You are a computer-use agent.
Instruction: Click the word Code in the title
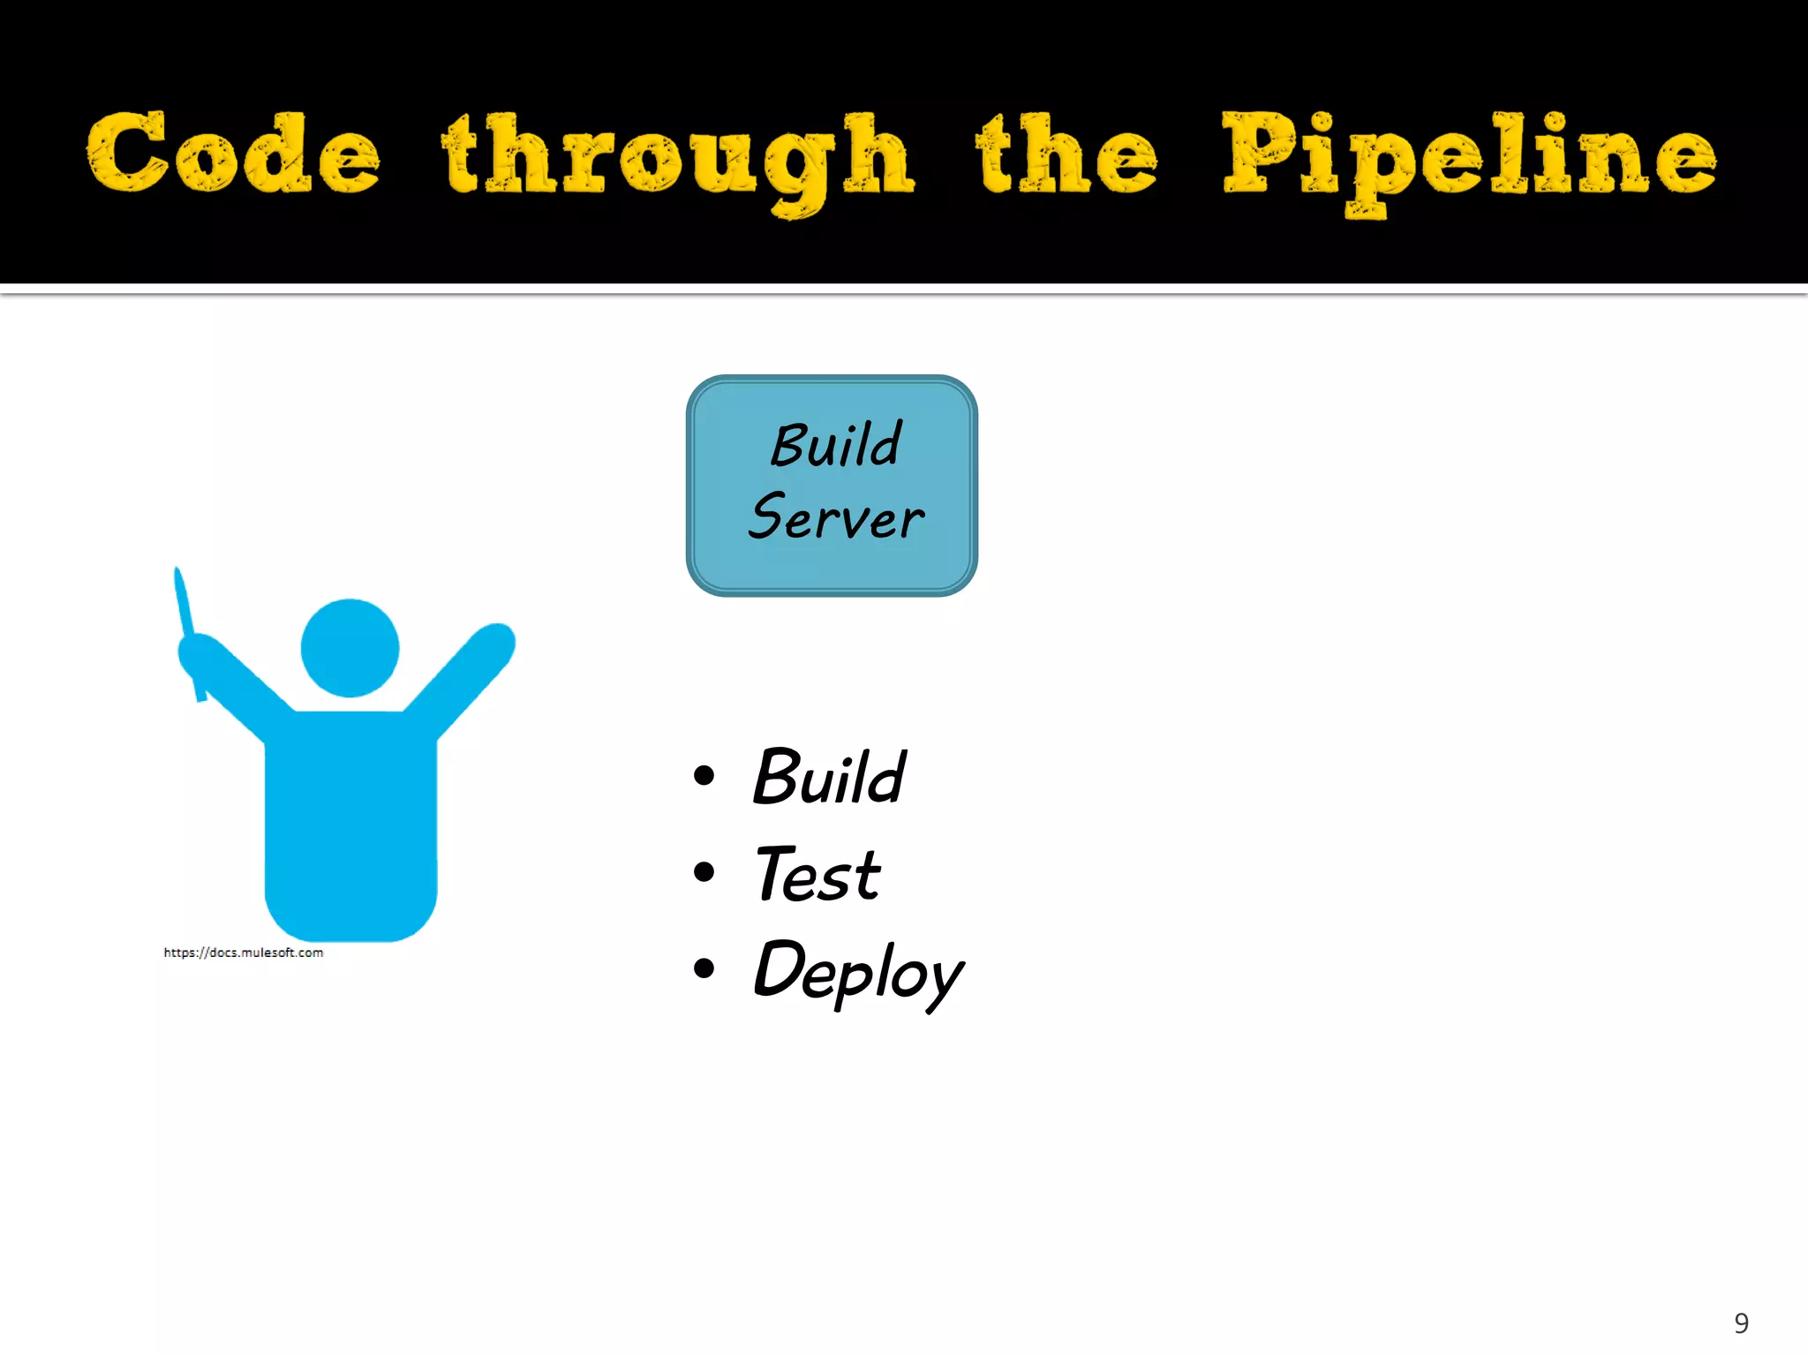[234, 154]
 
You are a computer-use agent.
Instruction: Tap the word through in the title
[678, 159]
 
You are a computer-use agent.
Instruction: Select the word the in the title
[1066, 154]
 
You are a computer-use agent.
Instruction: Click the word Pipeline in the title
[1469, 157]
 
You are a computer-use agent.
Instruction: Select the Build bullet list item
[828, 778]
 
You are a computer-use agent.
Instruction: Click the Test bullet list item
[817, 875]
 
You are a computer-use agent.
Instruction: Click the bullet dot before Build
[704, 776]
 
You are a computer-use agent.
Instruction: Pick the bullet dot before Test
[704, 872]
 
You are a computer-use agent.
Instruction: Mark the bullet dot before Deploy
[704, 968]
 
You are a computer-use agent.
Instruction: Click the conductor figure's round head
[350, 648]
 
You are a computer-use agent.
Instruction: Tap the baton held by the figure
[185, 609]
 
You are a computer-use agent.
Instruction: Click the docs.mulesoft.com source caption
[244, 953]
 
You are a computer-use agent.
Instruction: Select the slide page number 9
[1741, 1322]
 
